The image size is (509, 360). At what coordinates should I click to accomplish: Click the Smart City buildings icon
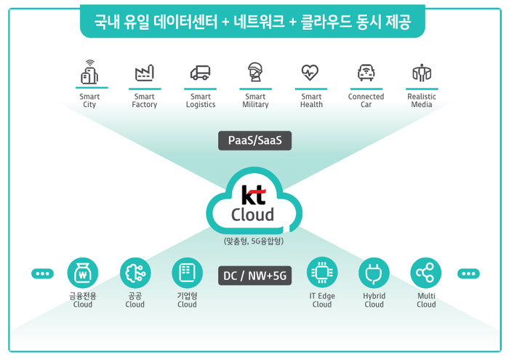coord(89,72)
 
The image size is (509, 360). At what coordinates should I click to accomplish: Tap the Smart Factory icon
coord(145,73)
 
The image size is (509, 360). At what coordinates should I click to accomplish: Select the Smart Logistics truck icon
coord(200,73)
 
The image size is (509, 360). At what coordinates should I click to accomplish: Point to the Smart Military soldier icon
coord(255,72)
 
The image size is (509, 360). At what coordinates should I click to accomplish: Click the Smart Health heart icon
coord(310,73)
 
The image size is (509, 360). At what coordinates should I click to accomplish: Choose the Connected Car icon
coord(366,73)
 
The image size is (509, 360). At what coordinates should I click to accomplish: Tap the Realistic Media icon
coord(422,73)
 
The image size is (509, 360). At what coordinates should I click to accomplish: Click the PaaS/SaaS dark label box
coord(254,140)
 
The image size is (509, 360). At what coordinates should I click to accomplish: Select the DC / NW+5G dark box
coord(254,276)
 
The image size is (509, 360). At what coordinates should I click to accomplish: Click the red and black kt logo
coord(254,195)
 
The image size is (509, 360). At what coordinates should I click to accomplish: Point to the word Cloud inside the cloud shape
coord(252,215)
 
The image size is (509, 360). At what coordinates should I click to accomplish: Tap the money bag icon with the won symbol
coord(83,273)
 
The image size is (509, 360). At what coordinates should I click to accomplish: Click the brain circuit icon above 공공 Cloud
coord(135,273)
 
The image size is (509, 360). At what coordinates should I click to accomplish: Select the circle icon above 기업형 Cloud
coord(187,273)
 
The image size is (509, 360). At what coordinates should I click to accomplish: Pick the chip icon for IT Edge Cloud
coord(322,273)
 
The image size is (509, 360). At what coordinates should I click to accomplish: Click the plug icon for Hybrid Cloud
coord(374,273)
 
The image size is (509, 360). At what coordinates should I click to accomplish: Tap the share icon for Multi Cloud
coord(426,273)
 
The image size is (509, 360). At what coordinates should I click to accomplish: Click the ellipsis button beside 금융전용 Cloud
coord(42,273)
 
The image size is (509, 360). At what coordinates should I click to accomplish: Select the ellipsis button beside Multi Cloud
coord(468,273)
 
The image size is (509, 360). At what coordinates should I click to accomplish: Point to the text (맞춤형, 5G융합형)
coord(254,241)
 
